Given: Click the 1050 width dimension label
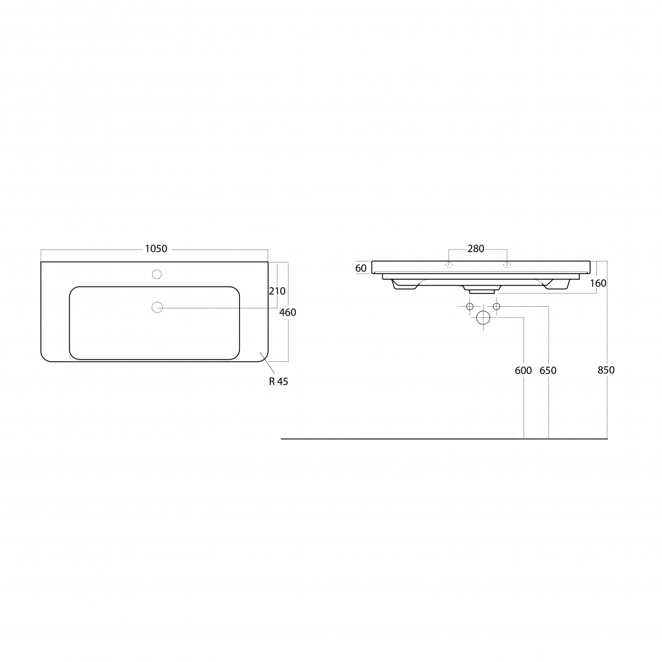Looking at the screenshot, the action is click(156, 249).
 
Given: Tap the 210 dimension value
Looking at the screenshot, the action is click(277, 291).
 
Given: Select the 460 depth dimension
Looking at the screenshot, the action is click(287, 312).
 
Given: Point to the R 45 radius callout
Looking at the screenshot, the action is click(278, 381).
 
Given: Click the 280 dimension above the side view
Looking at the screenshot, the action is click(476, 249).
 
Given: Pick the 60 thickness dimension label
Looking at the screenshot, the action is click(361, 268).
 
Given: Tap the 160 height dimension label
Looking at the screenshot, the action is click(598, 284).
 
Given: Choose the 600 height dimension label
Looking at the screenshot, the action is click(523, 371).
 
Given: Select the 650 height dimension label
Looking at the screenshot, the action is click(548, 371).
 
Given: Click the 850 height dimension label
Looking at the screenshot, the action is click(606, 370).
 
